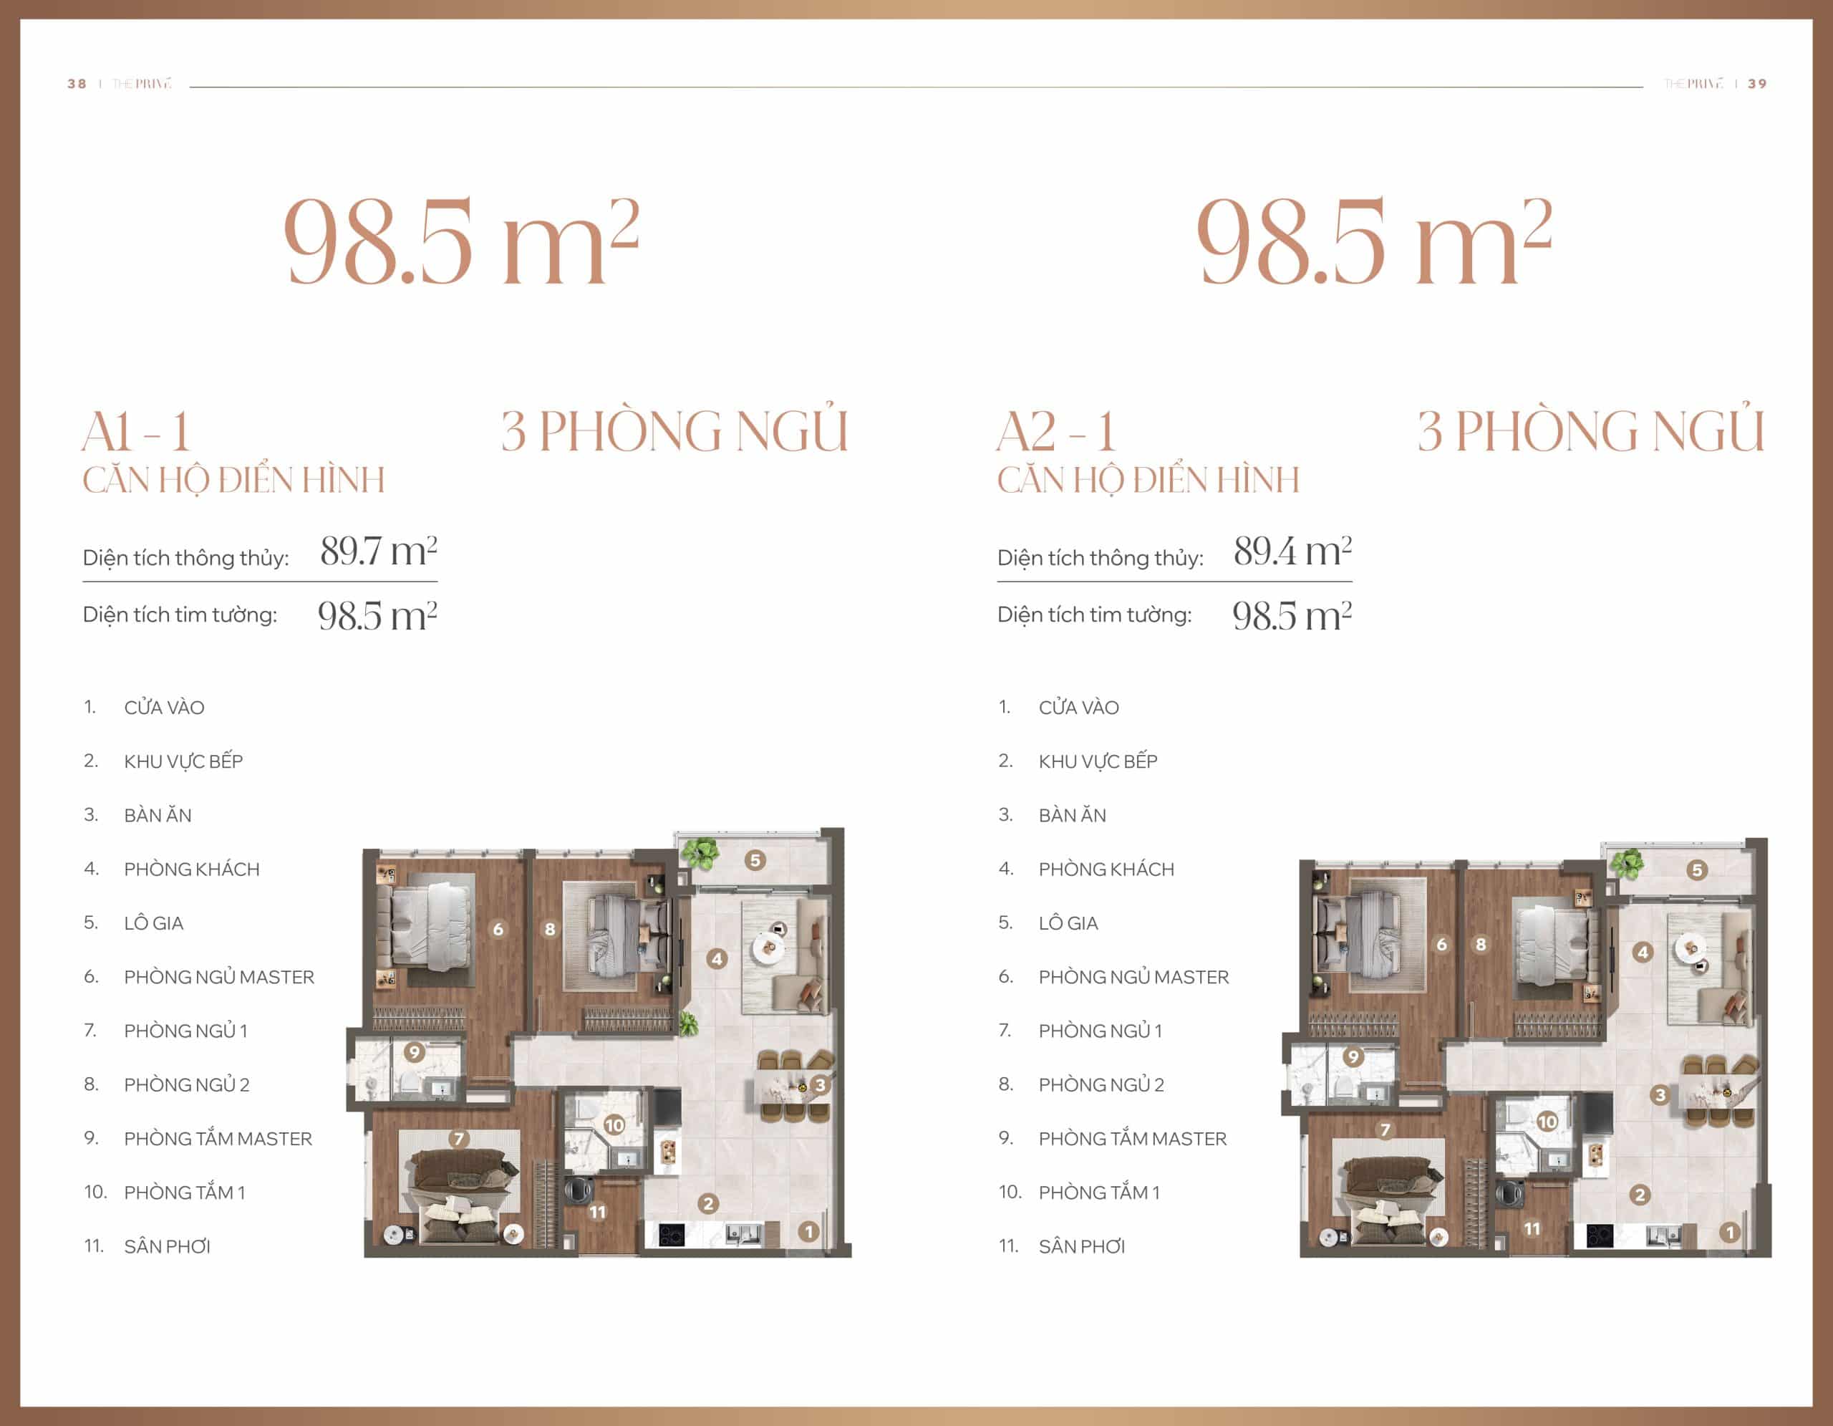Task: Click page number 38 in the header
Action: click(x=77, y=84)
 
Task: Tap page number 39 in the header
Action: click(x=1756, y=84)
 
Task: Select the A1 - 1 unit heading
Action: click(x=137, y=433)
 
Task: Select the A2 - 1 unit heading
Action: click(x=1057, y=433)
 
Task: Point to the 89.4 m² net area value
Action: click(x=1292, y=551)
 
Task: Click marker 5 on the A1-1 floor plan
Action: click(x=755, y=859)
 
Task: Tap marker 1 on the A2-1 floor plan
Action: click(x=1730, y=1232)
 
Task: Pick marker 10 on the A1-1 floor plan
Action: click(x=614, y=1124)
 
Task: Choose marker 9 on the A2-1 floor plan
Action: click(x=1352, y=1056)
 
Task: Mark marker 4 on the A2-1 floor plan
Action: click(x=1643, y=952)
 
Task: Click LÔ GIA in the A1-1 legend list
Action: click(x=154, y=923)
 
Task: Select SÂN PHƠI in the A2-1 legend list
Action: click(x=1082, y=1246)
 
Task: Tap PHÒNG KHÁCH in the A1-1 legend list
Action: click(x=192, y=869)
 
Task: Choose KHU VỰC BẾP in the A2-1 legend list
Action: click(x=1098, y=761)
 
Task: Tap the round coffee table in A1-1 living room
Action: click(x=768, y=948)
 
